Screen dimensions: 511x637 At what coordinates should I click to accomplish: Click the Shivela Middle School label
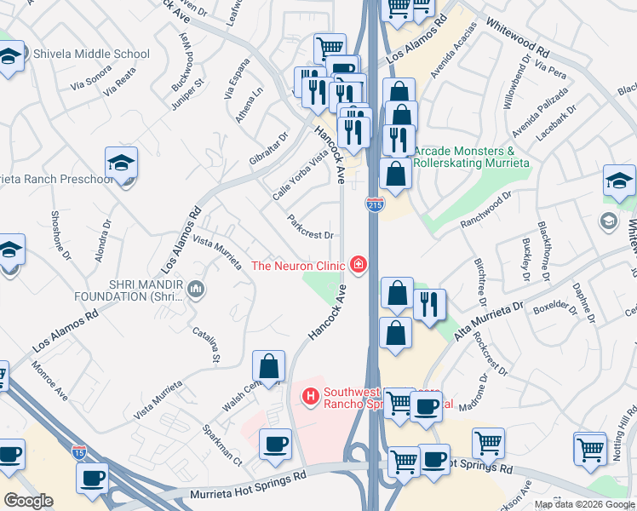91,54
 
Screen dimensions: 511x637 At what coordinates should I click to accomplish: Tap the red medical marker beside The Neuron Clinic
359,265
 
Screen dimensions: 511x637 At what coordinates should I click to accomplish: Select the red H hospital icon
311,396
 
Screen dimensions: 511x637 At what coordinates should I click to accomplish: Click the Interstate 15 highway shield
79,451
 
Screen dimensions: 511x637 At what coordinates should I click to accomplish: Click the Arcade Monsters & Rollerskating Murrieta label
472,156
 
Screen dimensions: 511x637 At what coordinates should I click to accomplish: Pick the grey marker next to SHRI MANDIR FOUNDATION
197,291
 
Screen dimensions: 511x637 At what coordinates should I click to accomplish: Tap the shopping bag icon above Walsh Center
268,367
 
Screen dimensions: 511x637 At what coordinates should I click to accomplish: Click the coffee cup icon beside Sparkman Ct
275,444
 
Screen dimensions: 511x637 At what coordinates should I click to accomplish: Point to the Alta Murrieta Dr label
488,320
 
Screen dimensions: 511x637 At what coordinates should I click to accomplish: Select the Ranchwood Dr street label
485,208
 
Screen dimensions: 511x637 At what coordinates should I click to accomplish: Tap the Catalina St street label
206,344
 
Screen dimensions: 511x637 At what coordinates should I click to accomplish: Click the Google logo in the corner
28,501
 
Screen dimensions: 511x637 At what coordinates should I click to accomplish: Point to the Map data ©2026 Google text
583,504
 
